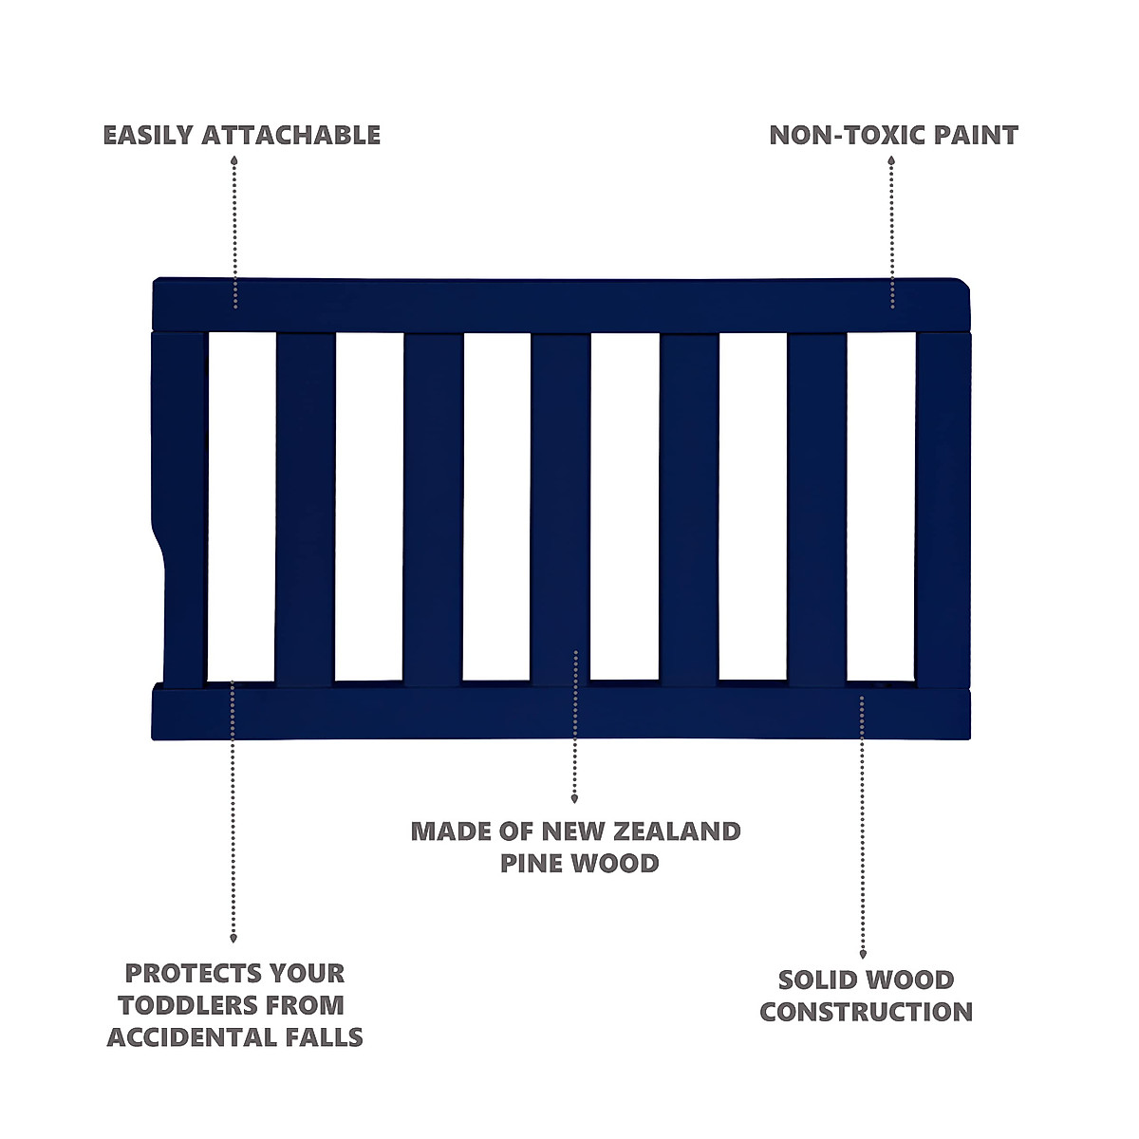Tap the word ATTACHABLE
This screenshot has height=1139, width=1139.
click(x=290, y=135)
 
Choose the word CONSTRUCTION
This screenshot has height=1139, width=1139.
click(x=866, y=1012)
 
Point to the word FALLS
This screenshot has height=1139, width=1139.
click(x=326, y=1036)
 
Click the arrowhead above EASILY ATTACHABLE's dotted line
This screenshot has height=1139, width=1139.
click(x=233, y=160)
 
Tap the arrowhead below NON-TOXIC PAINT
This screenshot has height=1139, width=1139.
click(x=891, y=160)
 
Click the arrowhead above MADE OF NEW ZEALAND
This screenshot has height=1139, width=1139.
click(x=574, y=799)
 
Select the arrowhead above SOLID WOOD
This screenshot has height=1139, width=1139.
click(x=863, y=955)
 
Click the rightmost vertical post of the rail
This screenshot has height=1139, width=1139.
click(x=942, y=508)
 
